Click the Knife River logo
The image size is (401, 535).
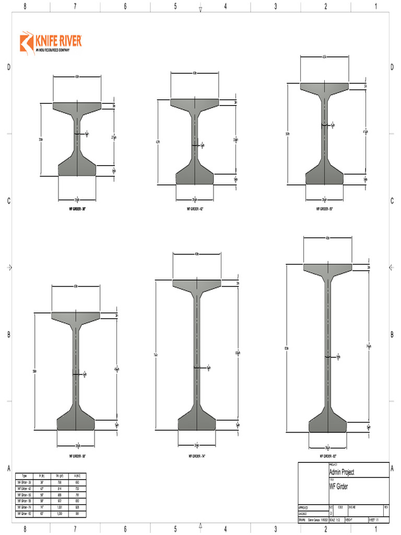coord(51,42)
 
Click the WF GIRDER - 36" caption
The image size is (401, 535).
coord(77,208)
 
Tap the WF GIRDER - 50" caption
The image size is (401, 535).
coord(324,208)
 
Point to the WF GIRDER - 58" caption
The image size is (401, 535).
coord(77,456)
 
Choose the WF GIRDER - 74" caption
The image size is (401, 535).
coord(197,456)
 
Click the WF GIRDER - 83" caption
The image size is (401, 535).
coord(327,456)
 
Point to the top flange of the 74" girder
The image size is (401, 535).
coord(197,284)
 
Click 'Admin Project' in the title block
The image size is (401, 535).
coord(341,472)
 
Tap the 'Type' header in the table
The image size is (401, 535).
coord(23,475)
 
